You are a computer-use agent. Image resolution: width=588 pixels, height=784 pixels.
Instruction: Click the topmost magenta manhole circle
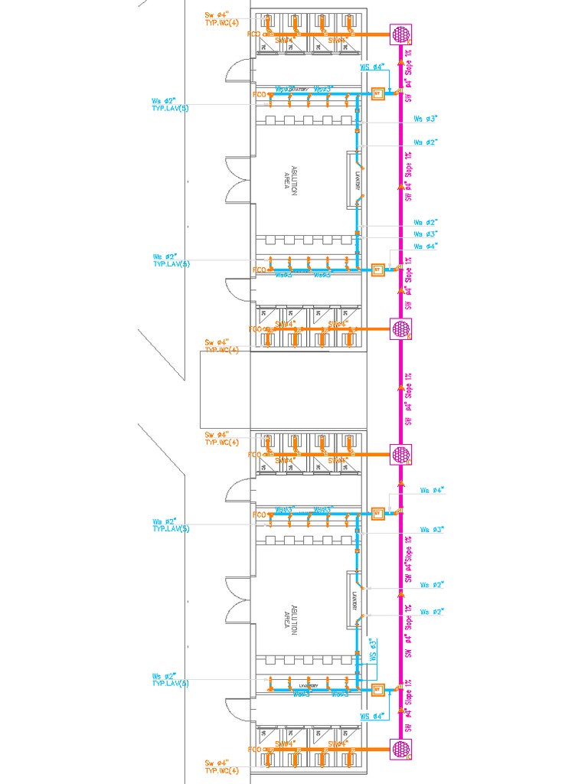401,34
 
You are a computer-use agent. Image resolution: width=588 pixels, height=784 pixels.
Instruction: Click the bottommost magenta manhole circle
401,748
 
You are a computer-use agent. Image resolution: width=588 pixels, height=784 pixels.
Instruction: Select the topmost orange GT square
377,95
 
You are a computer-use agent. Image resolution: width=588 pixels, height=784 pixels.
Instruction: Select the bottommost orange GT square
377,690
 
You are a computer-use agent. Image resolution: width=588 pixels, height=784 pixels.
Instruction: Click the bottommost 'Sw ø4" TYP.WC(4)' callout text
222,766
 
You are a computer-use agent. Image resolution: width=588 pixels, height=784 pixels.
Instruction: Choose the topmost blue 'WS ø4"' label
371,67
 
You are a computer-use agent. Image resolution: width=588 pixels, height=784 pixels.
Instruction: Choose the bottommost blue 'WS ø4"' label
371,716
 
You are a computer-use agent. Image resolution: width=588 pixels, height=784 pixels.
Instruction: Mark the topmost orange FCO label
255,34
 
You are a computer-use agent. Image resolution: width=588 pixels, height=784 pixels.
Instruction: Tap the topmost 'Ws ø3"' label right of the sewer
425,119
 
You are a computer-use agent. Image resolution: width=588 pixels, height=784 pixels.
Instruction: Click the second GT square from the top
377,269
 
